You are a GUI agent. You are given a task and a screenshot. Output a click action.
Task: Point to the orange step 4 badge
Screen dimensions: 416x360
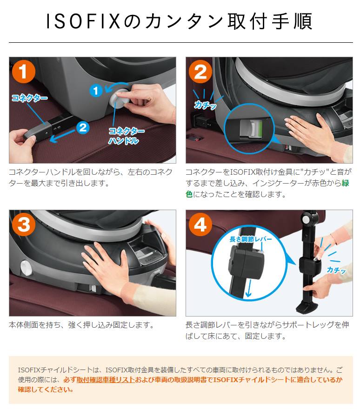point(200,225)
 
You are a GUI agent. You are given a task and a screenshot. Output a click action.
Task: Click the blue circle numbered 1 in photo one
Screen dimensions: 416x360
point(95,91)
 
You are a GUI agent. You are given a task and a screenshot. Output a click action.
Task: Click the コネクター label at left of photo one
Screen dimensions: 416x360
point(29,98)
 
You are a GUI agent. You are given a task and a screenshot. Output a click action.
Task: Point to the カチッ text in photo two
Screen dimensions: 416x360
point(205,106)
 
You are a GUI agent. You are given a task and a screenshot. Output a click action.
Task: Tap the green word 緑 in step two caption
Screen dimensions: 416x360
point(346,183)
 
